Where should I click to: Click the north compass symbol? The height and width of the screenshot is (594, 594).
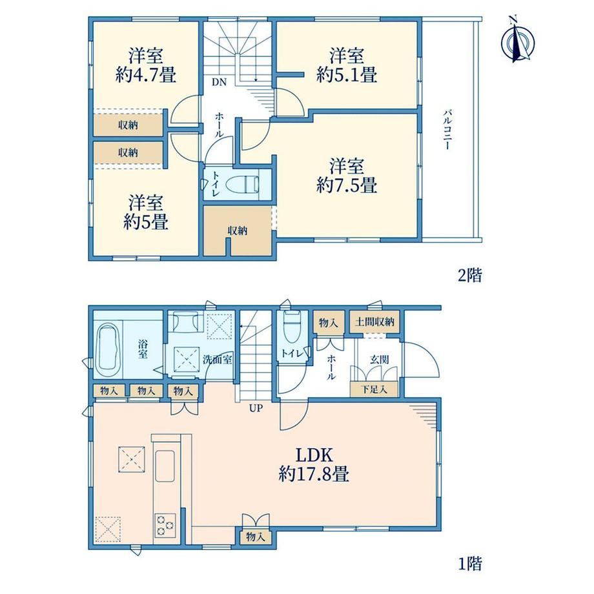(x=517, y=40)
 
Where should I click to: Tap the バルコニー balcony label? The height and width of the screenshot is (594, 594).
(x=447, y=130)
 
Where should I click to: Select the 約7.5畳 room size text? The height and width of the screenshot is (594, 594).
(x=347, y=185)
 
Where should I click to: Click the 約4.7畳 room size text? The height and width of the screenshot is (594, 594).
(x=146, y=75)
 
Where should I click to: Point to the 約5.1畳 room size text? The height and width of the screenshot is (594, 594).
(x=347, y=75)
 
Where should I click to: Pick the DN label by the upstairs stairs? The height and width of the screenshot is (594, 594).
(x=219, y=82)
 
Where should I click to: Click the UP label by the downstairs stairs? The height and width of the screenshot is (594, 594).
(x=256, y=408)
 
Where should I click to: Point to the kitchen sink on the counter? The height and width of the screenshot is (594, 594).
(x=165, y=466)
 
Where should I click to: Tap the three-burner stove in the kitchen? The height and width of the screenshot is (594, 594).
(x=165, y=524)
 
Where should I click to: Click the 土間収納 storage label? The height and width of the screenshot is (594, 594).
(x=374, y=322)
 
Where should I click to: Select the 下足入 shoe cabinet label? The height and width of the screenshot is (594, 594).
(x=374, y=389)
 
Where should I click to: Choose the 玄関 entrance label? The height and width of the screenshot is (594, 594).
(x=379, y=359)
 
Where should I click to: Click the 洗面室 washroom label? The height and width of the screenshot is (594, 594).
(x=218, y=359)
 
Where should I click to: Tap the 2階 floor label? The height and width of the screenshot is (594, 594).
(x=470, y=275)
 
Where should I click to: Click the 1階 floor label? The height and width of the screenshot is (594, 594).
(x=470, y=564)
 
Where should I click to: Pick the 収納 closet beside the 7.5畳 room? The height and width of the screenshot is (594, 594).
(x=238, y=230)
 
